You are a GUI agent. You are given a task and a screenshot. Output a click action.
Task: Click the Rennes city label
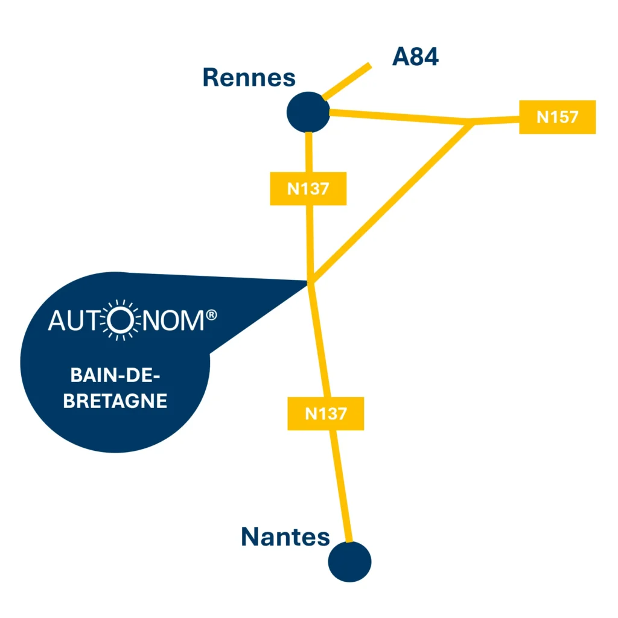pyautogui.click(x=249, y=78)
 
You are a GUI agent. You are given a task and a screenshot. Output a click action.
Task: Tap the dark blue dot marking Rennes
pyautogui.click(x=308, y=112)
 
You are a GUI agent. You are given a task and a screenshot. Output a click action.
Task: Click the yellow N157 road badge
pyautogui.click(x=557, y=117)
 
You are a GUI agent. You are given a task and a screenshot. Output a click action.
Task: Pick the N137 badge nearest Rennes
pyautogui.click(x=308, y=189)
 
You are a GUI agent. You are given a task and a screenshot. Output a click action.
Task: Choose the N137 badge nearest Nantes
pyautogui.click(x=325, y=413)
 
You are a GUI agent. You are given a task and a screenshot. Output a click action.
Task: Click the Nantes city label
pyautogui.click(x=285, y=537)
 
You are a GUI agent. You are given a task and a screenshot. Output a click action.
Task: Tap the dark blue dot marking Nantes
pyautogui.click(x=349, y=562)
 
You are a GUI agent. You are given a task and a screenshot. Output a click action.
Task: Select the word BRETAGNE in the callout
pyautogui.click(x=115, y=401)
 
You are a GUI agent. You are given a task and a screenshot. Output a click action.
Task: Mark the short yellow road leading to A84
pyautogui.click(x=347, y=81)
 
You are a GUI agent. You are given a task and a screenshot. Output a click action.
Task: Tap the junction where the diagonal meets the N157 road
pyautogui.click(x=473, y=123)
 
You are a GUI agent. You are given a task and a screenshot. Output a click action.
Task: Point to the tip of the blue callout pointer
pyautogui.click(x=308, y=281)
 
